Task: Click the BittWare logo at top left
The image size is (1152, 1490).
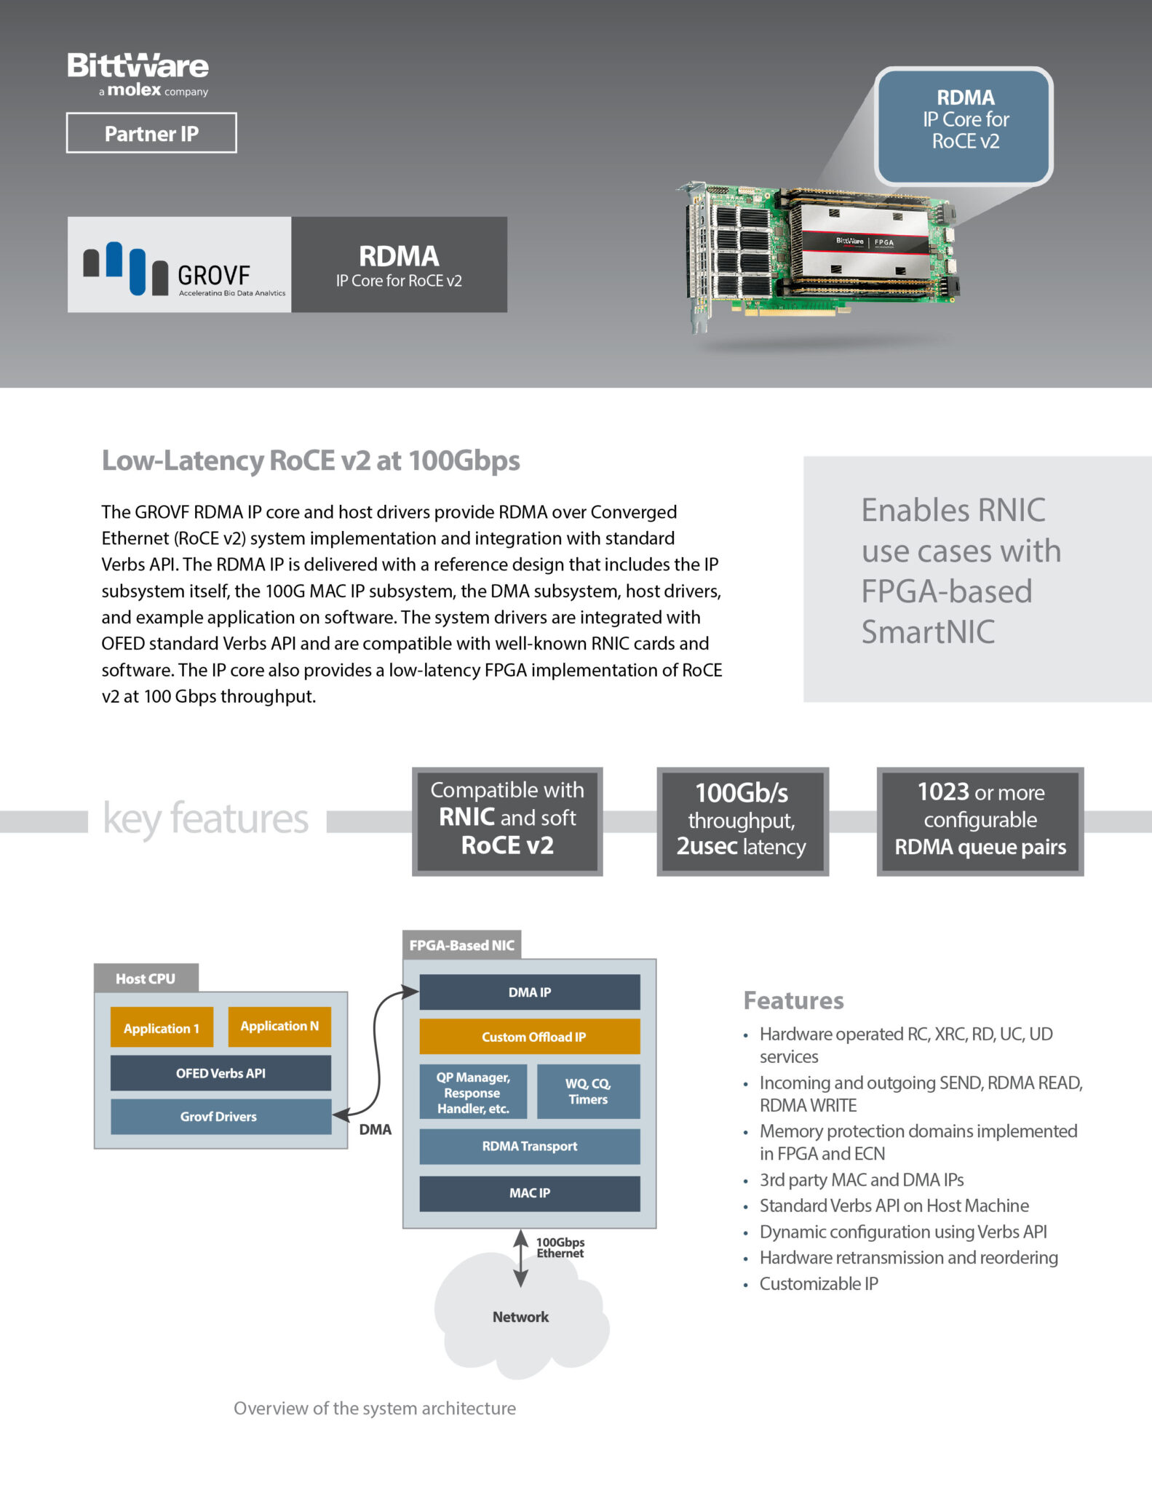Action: [x=138, y=73]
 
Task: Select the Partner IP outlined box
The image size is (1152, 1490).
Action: [x=151, y=133]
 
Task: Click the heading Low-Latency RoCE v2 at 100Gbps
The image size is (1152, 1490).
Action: [x=311, y=461]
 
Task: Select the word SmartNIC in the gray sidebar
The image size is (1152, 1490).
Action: [x=928, y=632]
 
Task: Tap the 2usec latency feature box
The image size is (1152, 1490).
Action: [x=742, y=821]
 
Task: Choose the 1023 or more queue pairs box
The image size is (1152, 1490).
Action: [x=980, y=821]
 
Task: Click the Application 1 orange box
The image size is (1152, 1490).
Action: [x=162, y=1027]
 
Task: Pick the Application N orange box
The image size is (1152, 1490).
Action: [x=279, y=1027]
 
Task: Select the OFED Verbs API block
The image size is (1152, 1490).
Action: [x=221, y=1073]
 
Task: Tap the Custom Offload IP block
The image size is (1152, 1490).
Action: [x=530, y=1037]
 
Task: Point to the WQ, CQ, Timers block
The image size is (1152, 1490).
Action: [x=588, y=1091]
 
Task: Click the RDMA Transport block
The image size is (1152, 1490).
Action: [x=530, y=1147]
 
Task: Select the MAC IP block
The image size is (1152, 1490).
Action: [x=530, y=1193]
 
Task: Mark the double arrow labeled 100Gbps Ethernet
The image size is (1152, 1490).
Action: [x=521, y=1258]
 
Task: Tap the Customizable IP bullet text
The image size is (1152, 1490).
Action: [x=819, y=1284]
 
